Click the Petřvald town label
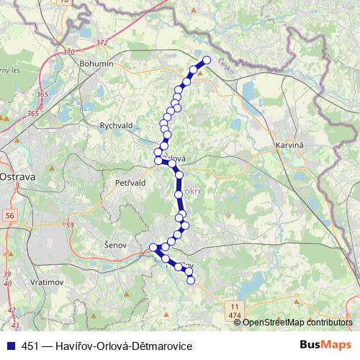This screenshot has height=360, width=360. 130,183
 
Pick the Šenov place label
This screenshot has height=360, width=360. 115,245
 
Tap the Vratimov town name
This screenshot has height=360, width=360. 48,282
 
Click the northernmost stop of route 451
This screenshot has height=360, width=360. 207,60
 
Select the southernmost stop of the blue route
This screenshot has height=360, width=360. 192,280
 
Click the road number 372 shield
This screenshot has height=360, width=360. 101,42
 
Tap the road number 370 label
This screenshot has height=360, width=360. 68,52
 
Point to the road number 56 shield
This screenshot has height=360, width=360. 9,215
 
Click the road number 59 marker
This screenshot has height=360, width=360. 70,225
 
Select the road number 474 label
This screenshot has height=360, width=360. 235,315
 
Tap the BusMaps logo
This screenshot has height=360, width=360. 328,346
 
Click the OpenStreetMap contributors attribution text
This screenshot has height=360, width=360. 297,323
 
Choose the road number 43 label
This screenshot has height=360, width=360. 12,309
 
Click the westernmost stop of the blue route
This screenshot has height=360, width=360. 153,248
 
